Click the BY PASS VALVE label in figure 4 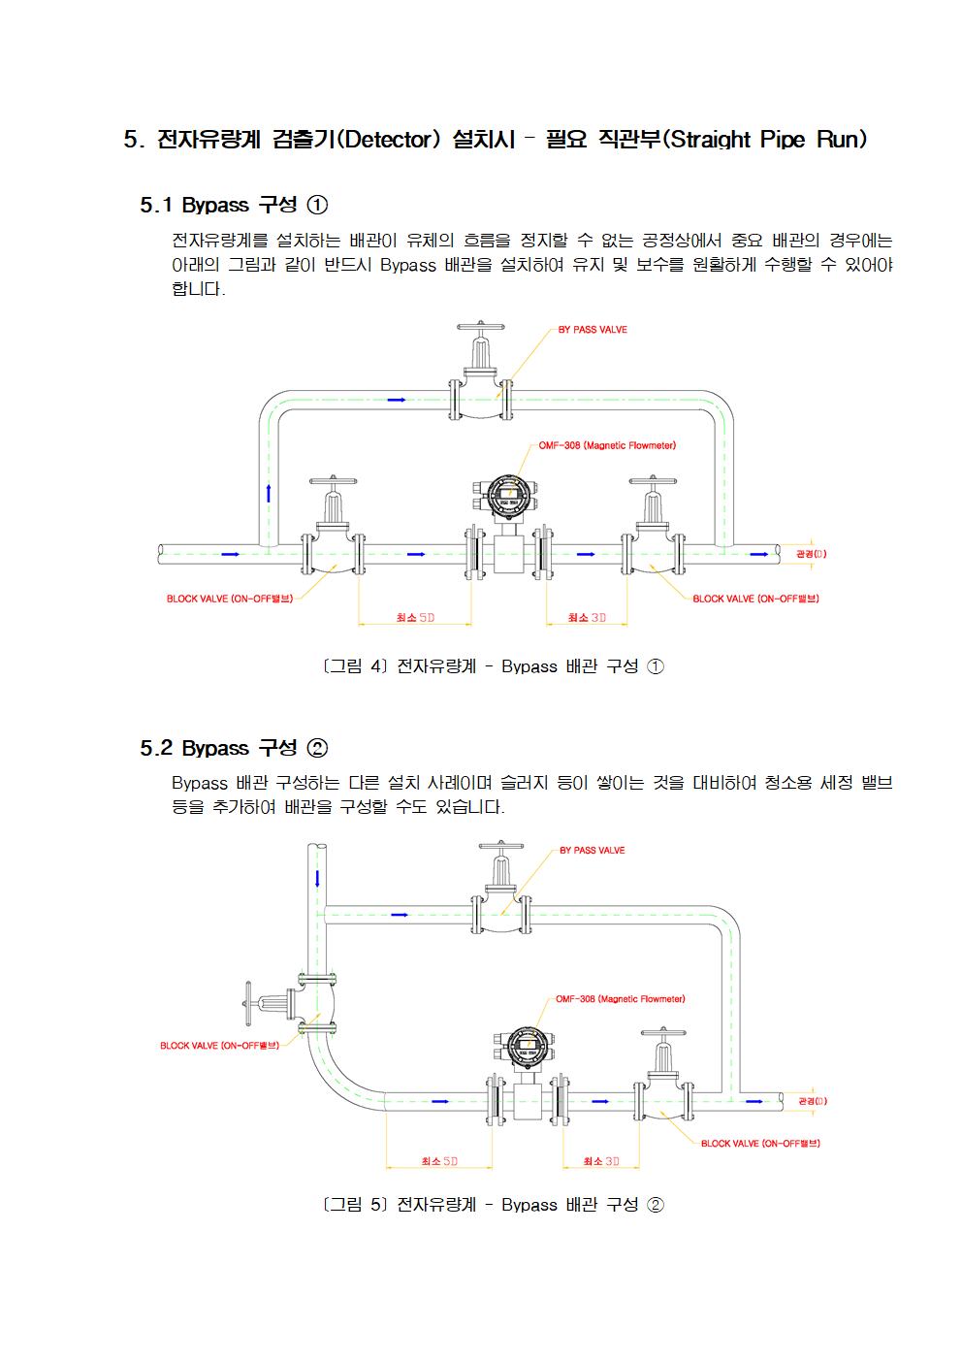[593, 329]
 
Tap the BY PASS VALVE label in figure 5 [593, 850]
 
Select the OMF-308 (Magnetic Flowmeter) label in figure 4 [607, 445]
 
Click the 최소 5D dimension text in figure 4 [415, 617]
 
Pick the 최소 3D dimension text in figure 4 [587, 617]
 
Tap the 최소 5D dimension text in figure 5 [439, 1161]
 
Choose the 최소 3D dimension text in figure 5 [601, 1161]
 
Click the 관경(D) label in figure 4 [812, 554]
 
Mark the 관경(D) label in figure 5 [813, 1101]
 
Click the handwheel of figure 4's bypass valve [480, 326]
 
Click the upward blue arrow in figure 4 [269, 493]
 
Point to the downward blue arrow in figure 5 [317, 879]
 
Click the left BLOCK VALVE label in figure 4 [230, 599]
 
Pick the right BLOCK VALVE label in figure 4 [755, 599]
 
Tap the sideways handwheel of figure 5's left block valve [248, 1002]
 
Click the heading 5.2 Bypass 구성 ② [234, 747]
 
